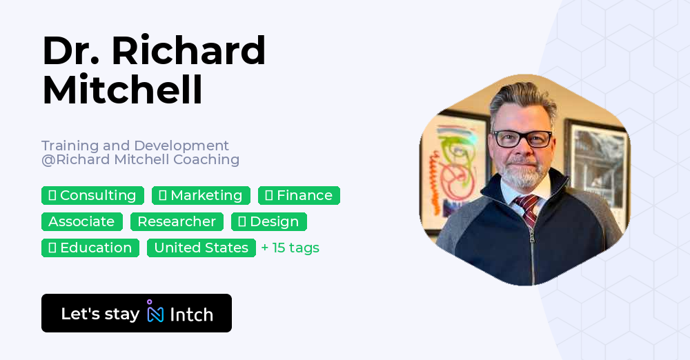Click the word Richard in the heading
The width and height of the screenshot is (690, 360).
coord(188,50)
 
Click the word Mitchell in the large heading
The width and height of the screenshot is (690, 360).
coord(123,90)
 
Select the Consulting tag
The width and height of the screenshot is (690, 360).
coord(92,195)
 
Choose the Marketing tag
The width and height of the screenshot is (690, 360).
coord(201,195)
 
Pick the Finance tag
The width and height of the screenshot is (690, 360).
coord(299,195)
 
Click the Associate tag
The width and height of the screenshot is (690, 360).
coord(81,221)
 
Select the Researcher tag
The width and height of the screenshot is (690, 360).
coord(177,221)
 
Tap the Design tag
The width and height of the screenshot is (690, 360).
coord(268,221)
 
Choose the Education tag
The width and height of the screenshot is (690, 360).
coord(90,248)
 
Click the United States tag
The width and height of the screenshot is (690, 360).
coord(201,248)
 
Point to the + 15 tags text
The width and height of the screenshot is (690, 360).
coord(290,248)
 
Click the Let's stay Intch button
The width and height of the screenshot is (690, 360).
coord(137,313)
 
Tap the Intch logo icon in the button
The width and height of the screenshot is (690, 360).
coord(155,312)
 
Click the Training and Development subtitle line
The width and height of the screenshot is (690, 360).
coord(135,146)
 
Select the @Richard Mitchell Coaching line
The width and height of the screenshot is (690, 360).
coord(140,159)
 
